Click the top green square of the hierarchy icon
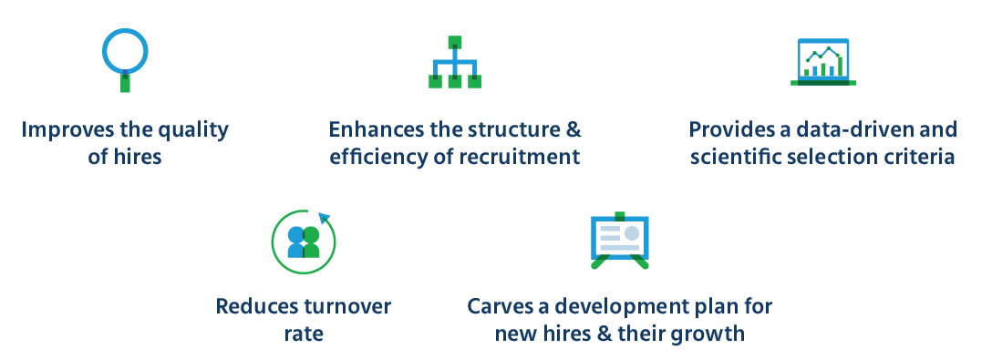(x=454, y=42)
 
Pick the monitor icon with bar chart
(x=822, y=62)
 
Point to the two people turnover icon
(x=304, y=242)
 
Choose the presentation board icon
(x=620, y=242)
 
